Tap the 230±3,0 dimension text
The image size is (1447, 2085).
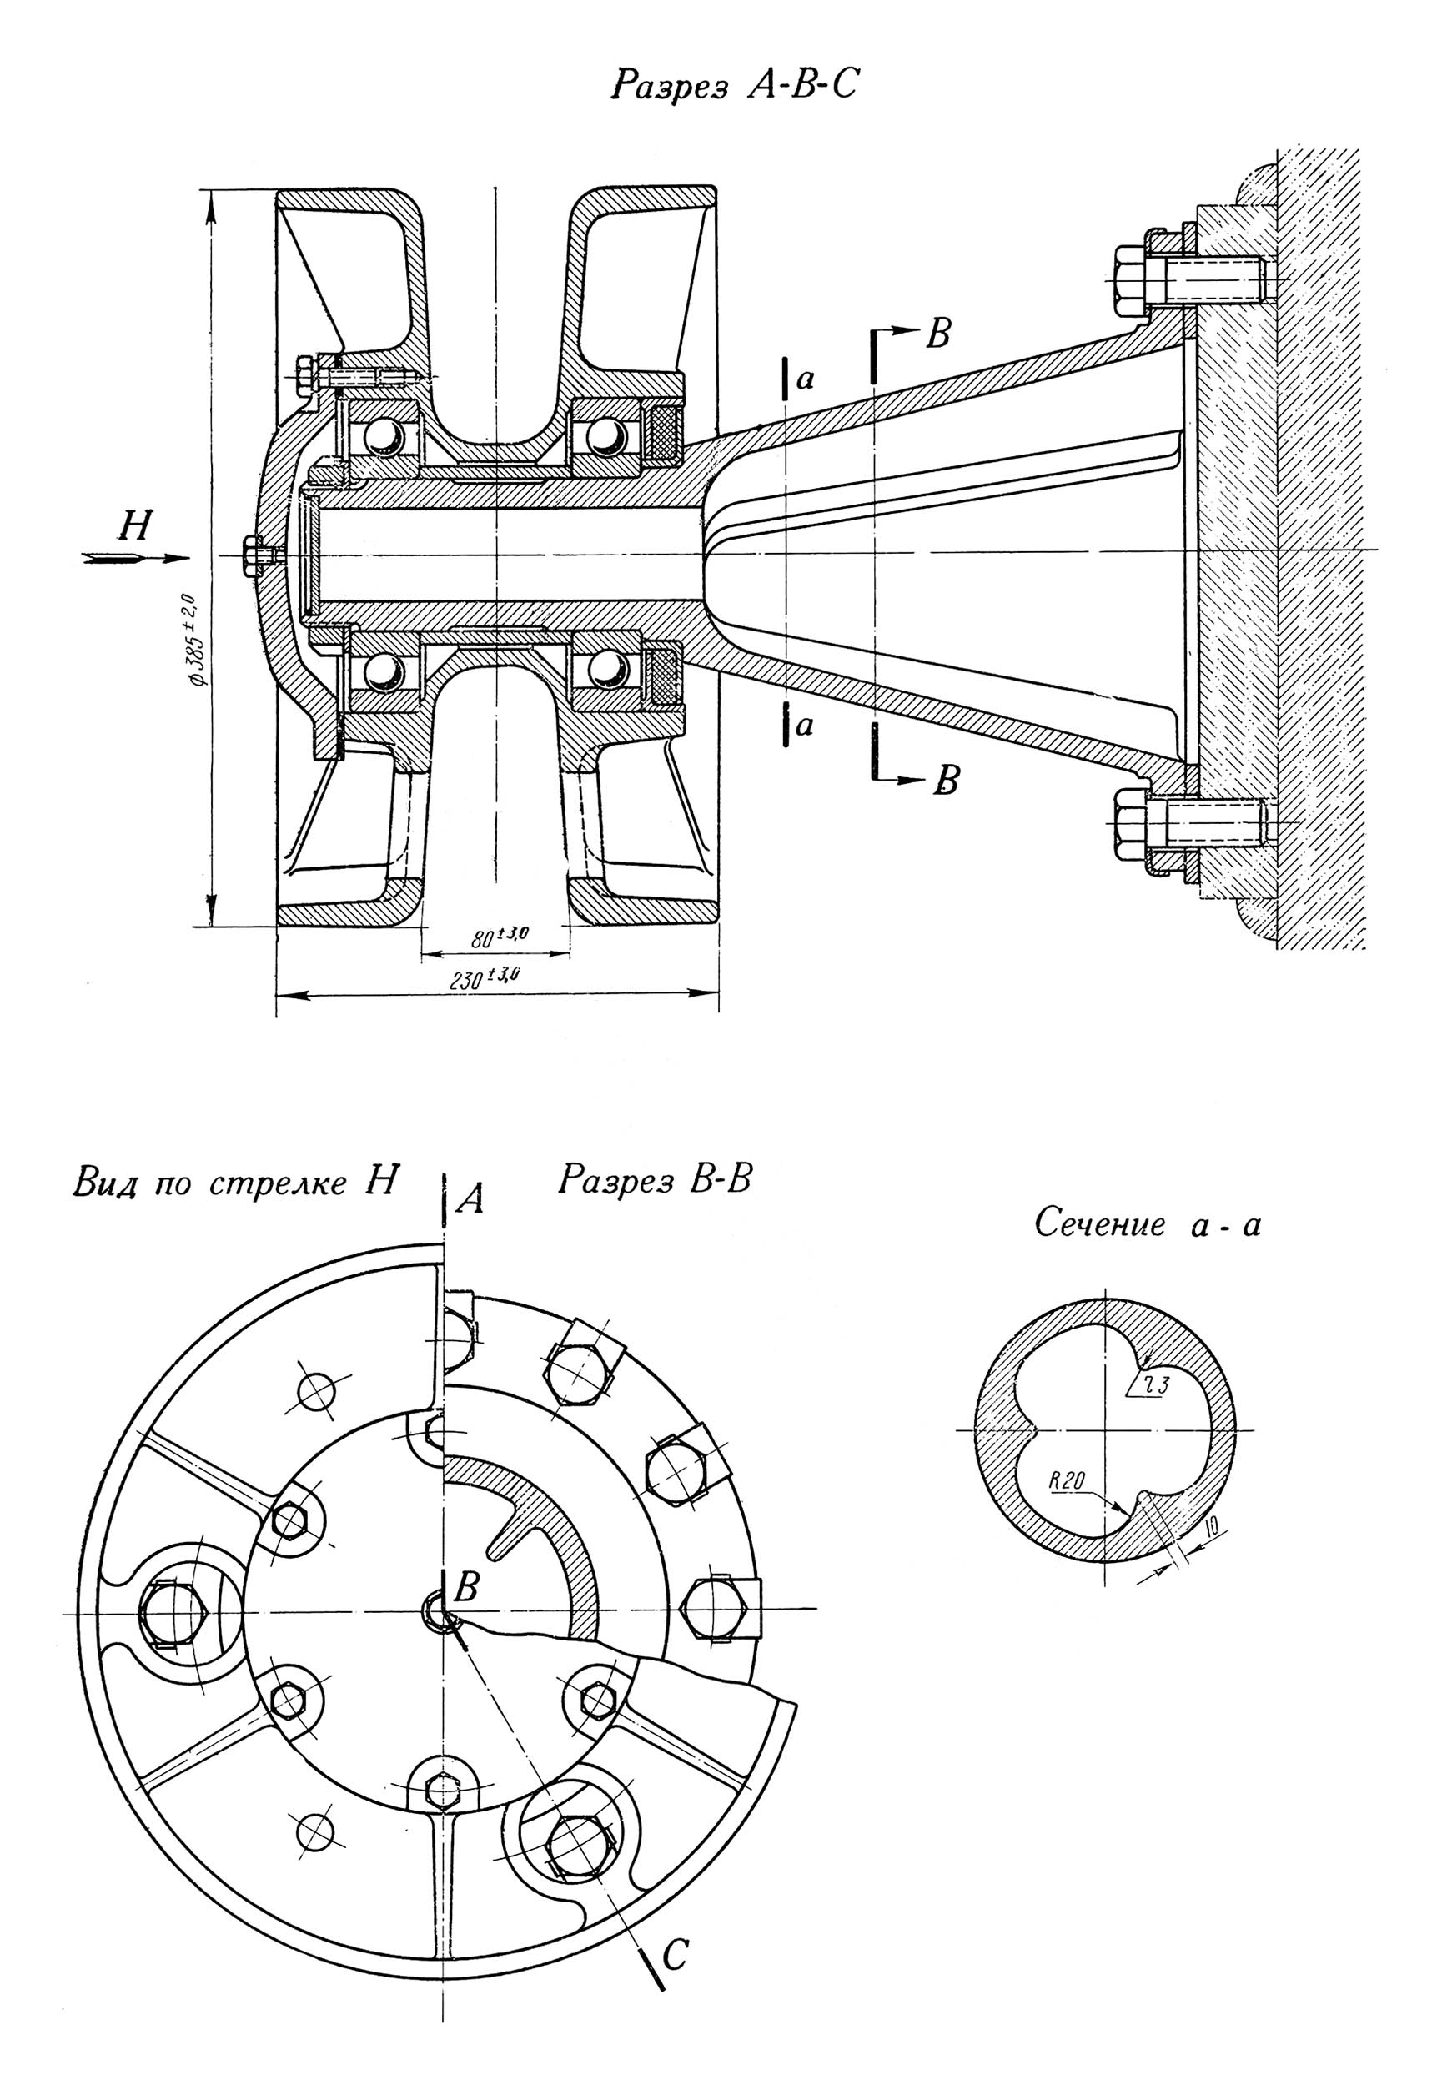click(488, 977)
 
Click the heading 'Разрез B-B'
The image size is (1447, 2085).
click(655, 1181)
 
